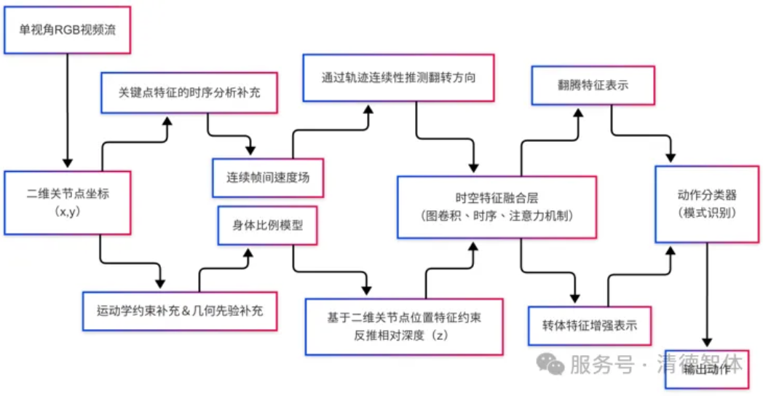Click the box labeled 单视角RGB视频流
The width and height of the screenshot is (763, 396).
(x=67, y=31)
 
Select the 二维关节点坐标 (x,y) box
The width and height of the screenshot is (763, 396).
(x=67, y=202)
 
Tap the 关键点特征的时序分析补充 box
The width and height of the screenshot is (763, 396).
(x=189, y=92)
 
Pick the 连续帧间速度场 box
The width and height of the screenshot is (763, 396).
(x=268, y=177)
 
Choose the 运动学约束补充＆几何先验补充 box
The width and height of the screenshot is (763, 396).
(x=180, y=310)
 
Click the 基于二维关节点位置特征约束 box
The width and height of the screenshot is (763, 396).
(x=404, y=325)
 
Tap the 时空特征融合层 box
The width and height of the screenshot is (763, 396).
(x=497, y=206)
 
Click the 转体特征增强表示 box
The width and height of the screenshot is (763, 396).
(x=589, y=325)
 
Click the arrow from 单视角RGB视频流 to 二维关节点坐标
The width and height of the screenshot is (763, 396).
(x=67, y=109)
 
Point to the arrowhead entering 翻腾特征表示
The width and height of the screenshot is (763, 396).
(x=578, y=114)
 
